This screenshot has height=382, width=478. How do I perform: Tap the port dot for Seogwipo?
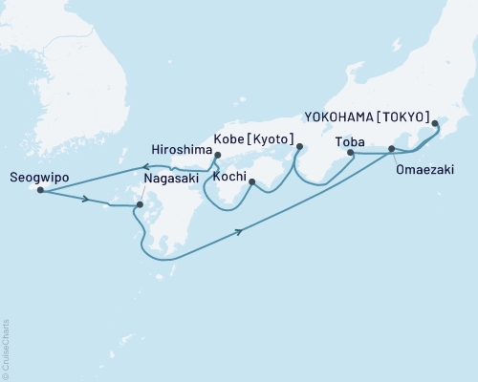coord(40,190)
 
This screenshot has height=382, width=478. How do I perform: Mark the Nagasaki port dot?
coord(140,204)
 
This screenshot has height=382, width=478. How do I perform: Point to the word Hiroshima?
coord(181,149)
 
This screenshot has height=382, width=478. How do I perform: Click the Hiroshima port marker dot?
coord(218,156)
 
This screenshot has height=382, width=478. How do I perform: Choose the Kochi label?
coord(232,177)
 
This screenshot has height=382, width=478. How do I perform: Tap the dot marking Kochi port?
coord(251,181)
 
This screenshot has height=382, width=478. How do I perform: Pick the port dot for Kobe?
coord(300,146)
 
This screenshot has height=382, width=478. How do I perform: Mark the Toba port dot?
coord(350,153)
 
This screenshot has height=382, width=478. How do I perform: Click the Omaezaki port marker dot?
coord(391,149)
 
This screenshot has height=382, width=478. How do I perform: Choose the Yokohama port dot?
coord(435,122)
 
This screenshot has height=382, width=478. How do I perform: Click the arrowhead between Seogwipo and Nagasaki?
coord(86,200)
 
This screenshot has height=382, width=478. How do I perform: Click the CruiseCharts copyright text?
coord(6,345)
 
